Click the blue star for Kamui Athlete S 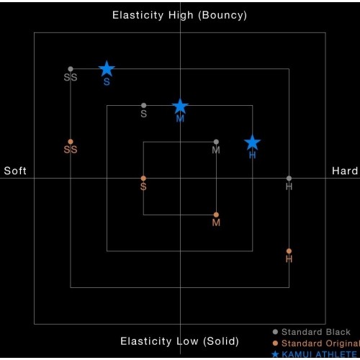pos(107,68)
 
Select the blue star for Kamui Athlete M pos(180,106)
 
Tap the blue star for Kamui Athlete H pos(252,143)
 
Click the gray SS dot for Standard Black pos(71,69)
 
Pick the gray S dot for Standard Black pos(143,105)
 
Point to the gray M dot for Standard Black pos(216,142)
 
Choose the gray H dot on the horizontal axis pos(289,179)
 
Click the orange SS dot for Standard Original pos(71,142)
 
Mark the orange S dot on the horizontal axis pos(143,179)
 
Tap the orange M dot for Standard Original pos(216,215)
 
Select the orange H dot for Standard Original pos(289,251)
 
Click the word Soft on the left pos(15,171)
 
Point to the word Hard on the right pos(345,171)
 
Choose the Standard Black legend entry pos(312,332)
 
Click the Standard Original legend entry pos(316,343)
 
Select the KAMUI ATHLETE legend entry pos(315,354)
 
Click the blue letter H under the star pos(252,156)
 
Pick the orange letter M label pos(216,222)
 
